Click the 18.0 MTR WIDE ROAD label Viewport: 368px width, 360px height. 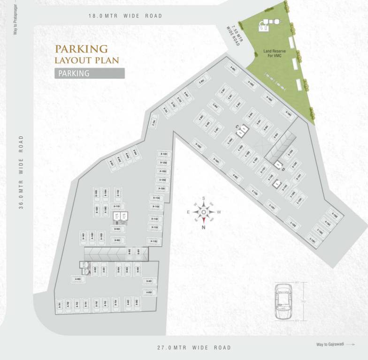125,16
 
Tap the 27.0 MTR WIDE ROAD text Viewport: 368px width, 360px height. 194,348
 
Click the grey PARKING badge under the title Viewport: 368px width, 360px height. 89,73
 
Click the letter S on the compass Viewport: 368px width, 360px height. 204,198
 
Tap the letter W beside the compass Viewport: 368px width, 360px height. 219,212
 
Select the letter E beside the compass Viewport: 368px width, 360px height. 189,212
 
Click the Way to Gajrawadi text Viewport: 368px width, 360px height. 330,345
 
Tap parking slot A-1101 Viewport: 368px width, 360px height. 117,206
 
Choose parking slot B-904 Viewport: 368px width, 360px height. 117,229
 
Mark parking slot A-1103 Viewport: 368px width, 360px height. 154,241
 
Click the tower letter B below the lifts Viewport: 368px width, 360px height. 116,223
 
